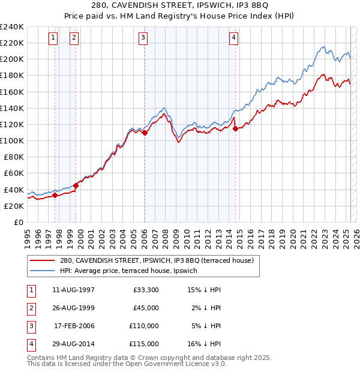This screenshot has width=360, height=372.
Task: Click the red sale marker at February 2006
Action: pos(145,133)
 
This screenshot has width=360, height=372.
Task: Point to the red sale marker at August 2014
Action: pos(235,128)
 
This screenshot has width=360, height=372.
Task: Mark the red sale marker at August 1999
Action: pos(76,185)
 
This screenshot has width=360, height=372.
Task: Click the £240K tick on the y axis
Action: pos(12,27)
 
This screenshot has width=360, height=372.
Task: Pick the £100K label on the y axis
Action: pos(12,140)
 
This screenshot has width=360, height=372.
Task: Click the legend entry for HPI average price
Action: pos(131,271)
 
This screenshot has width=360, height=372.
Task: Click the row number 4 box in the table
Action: pos(30,344)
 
